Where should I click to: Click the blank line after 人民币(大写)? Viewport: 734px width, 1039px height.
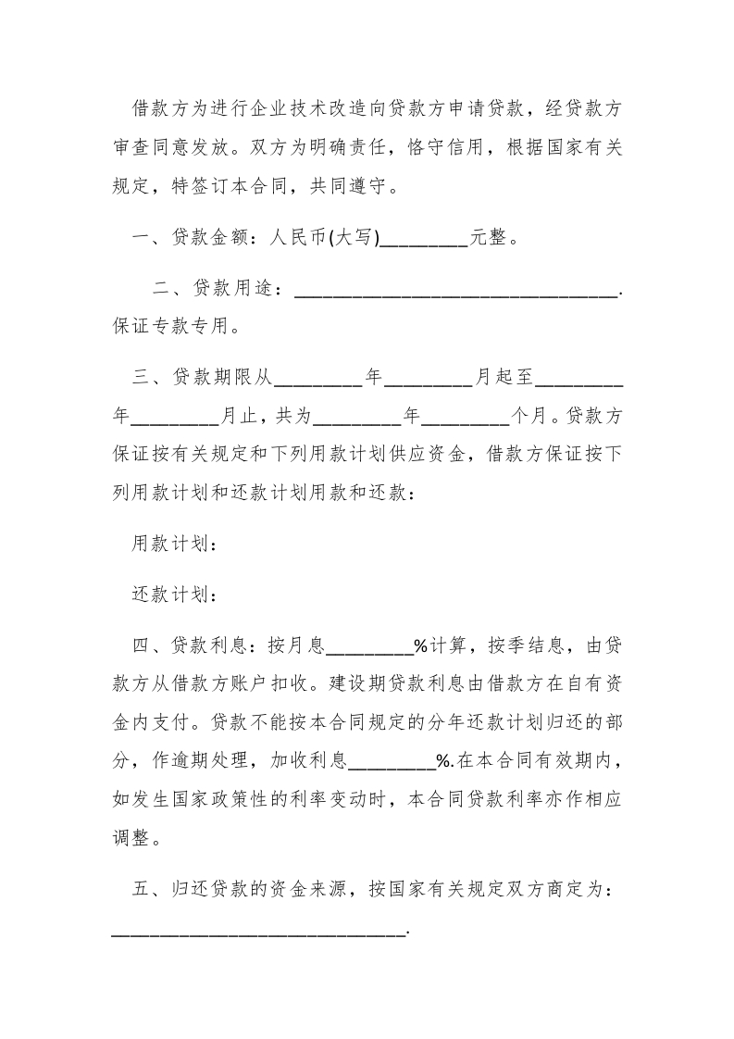coord(425,238)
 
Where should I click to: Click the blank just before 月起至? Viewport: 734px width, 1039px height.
coord(429,378)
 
